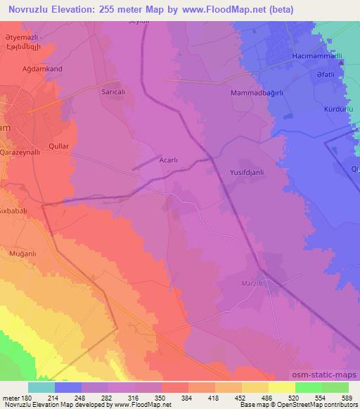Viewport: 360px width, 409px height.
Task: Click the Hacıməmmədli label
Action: click(317, 56)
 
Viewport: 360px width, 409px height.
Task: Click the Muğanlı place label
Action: click(27, 252)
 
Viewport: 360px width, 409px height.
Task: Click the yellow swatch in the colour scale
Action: click(282, 387)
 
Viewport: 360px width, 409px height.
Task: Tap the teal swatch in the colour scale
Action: click(41, 387)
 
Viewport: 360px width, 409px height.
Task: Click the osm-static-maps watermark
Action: click(324, 376)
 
